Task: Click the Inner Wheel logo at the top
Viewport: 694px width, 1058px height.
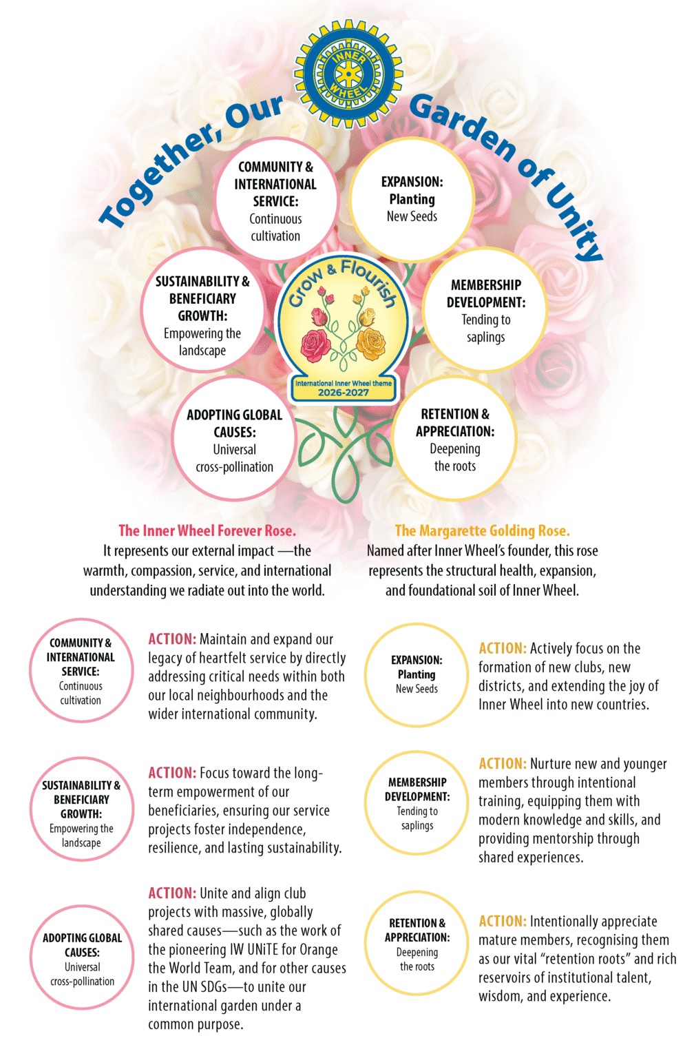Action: tap(348, 74)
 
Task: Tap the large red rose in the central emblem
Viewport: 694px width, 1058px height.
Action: tap(316, 345)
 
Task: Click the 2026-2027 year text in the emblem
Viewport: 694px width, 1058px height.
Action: tap(344, 393)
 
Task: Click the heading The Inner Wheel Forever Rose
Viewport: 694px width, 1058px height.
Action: tap(207, 531)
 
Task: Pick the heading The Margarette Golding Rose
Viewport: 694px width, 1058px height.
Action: tap(482, 531)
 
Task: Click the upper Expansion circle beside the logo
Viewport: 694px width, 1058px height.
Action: tap(412, 199)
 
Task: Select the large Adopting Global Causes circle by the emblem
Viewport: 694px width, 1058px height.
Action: tap(234, 439)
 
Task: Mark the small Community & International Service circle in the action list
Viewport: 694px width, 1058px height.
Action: tap(81, 671)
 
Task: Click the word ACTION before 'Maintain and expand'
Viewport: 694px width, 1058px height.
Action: tap(172, 639)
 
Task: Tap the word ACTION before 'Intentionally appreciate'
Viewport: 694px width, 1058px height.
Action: tap(503, 921)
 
